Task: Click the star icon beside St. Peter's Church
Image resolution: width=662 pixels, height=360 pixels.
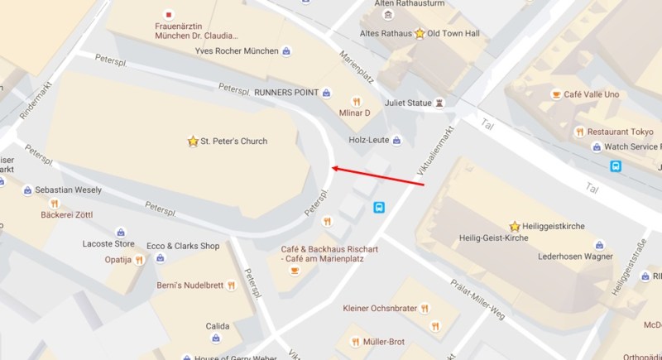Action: click(x=193, y=142)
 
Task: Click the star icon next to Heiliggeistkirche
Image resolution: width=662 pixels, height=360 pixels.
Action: click(x=515, y=225)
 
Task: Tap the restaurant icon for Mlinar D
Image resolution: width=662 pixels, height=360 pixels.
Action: click(x=357, y=102)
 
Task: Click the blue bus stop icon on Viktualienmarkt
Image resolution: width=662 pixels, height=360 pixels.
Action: click(x=379, y=208)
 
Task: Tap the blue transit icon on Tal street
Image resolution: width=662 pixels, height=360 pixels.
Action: click(x=616, y=166)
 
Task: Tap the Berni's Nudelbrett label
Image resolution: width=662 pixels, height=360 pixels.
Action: click(x=191, y=286)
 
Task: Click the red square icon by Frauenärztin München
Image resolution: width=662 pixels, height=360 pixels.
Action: click(x=170, y=14)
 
